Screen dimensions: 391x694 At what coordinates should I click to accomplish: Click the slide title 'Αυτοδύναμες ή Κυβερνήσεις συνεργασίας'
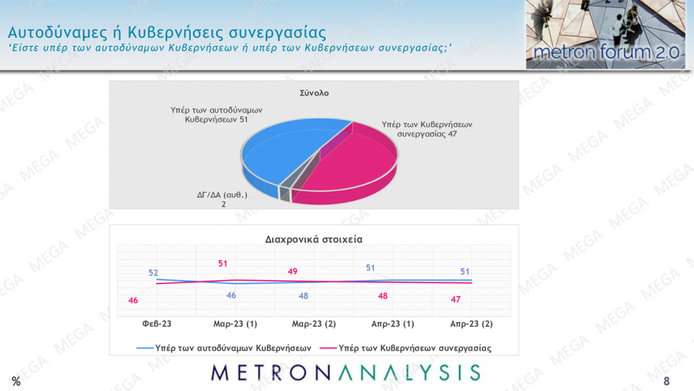[x=166, y=32]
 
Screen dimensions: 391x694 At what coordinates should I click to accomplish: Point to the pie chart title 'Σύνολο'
[x=314, y=92]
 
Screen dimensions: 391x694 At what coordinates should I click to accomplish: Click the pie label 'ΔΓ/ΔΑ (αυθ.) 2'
[x=222, y=198]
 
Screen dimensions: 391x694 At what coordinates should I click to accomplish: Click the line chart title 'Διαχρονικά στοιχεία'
[x=313, y=238]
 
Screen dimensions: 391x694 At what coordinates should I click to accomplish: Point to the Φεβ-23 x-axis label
[x=156, y=324]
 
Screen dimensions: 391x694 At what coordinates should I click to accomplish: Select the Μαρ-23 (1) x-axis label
[x=235, y=324]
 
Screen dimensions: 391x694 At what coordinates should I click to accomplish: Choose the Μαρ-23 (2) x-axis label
[x=314, y=324]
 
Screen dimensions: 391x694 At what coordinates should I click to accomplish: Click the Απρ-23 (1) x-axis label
[x=393, y=324]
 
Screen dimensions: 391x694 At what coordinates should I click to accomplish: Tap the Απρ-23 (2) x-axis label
[x=472, y=324]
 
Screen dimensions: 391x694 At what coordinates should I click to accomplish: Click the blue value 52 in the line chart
[x=154, y=273]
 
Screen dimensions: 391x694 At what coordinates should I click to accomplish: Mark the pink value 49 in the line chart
[x=292, y=271]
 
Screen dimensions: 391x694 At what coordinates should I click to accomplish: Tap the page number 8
[x=666, y=381]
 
